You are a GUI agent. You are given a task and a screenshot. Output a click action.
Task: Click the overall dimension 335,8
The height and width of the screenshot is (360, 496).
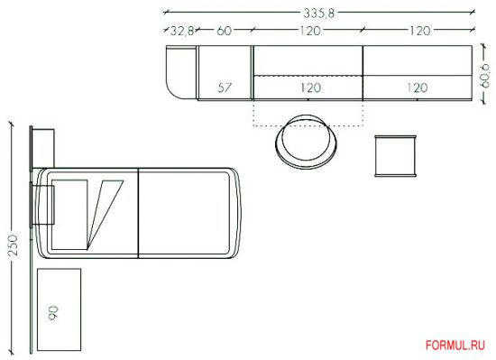[318, 13]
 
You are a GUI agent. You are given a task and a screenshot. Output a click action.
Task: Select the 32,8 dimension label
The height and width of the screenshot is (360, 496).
[182, 31]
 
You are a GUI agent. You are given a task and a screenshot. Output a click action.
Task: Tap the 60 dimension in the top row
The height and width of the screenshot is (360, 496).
[224, 31]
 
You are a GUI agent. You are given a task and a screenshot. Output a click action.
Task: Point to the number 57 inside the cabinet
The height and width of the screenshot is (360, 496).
[225, 88]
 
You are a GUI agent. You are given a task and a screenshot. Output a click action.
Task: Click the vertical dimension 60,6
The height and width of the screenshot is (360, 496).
[484, 75]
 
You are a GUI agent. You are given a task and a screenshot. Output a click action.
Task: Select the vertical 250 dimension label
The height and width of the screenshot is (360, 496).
[14, 245]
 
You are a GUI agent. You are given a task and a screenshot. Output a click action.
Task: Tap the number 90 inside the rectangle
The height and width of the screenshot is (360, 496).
[53, 313]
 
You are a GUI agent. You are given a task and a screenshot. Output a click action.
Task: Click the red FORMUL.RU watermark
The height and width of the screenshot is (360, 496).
[455, 345]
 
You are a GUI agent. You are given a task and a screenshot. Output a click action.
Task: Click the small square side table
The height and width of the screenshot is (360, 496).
[395, 156]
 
